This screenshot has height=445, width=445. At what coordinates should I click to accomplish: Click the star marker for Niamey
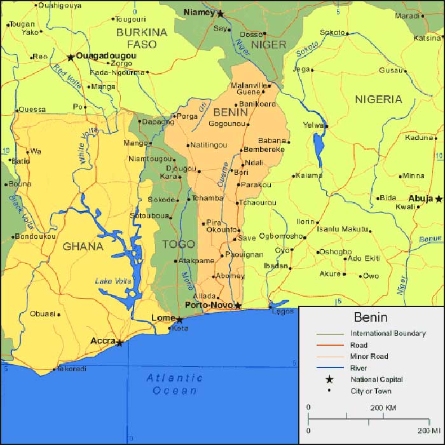click(x=221, y=13)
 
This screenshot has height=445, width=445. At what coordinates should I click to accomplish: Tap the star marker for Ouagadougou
click(x=71, y=57)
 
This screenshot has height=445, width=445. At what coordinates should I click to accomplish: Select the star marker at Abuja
click(x=439, y=199)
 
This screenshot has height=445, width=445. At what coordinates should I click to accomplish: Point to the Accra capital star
click(x=120, y=343)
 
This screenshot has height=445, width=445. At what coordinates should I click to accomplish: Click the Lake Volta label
click(x=113, y=281)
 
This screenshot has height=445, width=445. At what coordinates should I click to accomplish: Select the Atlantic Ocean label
click(x=175, y=384)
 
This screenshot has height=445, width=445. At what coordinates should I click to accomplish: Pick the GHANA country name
click(x=83, y=246)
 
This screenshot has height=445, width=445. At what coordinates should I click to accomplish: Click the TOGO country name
click(x=179, y=243)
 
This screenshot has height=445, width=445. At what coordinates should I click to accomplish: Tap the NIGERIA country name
click(x=378, y=99)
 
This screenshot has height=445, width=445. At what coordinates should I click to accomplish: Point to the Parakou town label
click(x=257, y=184)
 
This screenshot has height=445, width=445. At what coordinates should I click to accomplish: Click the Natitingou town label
click(x=209, y=145)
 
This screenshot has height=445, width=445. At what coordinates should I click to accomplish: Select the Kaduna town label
click(x=419, y=137)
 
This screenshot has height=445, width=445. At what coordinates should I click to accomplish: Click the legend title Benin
click(x=372, y=317)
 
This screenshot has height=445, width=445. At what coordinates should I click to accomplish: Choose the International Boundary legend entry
click(x=388, y=333)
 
